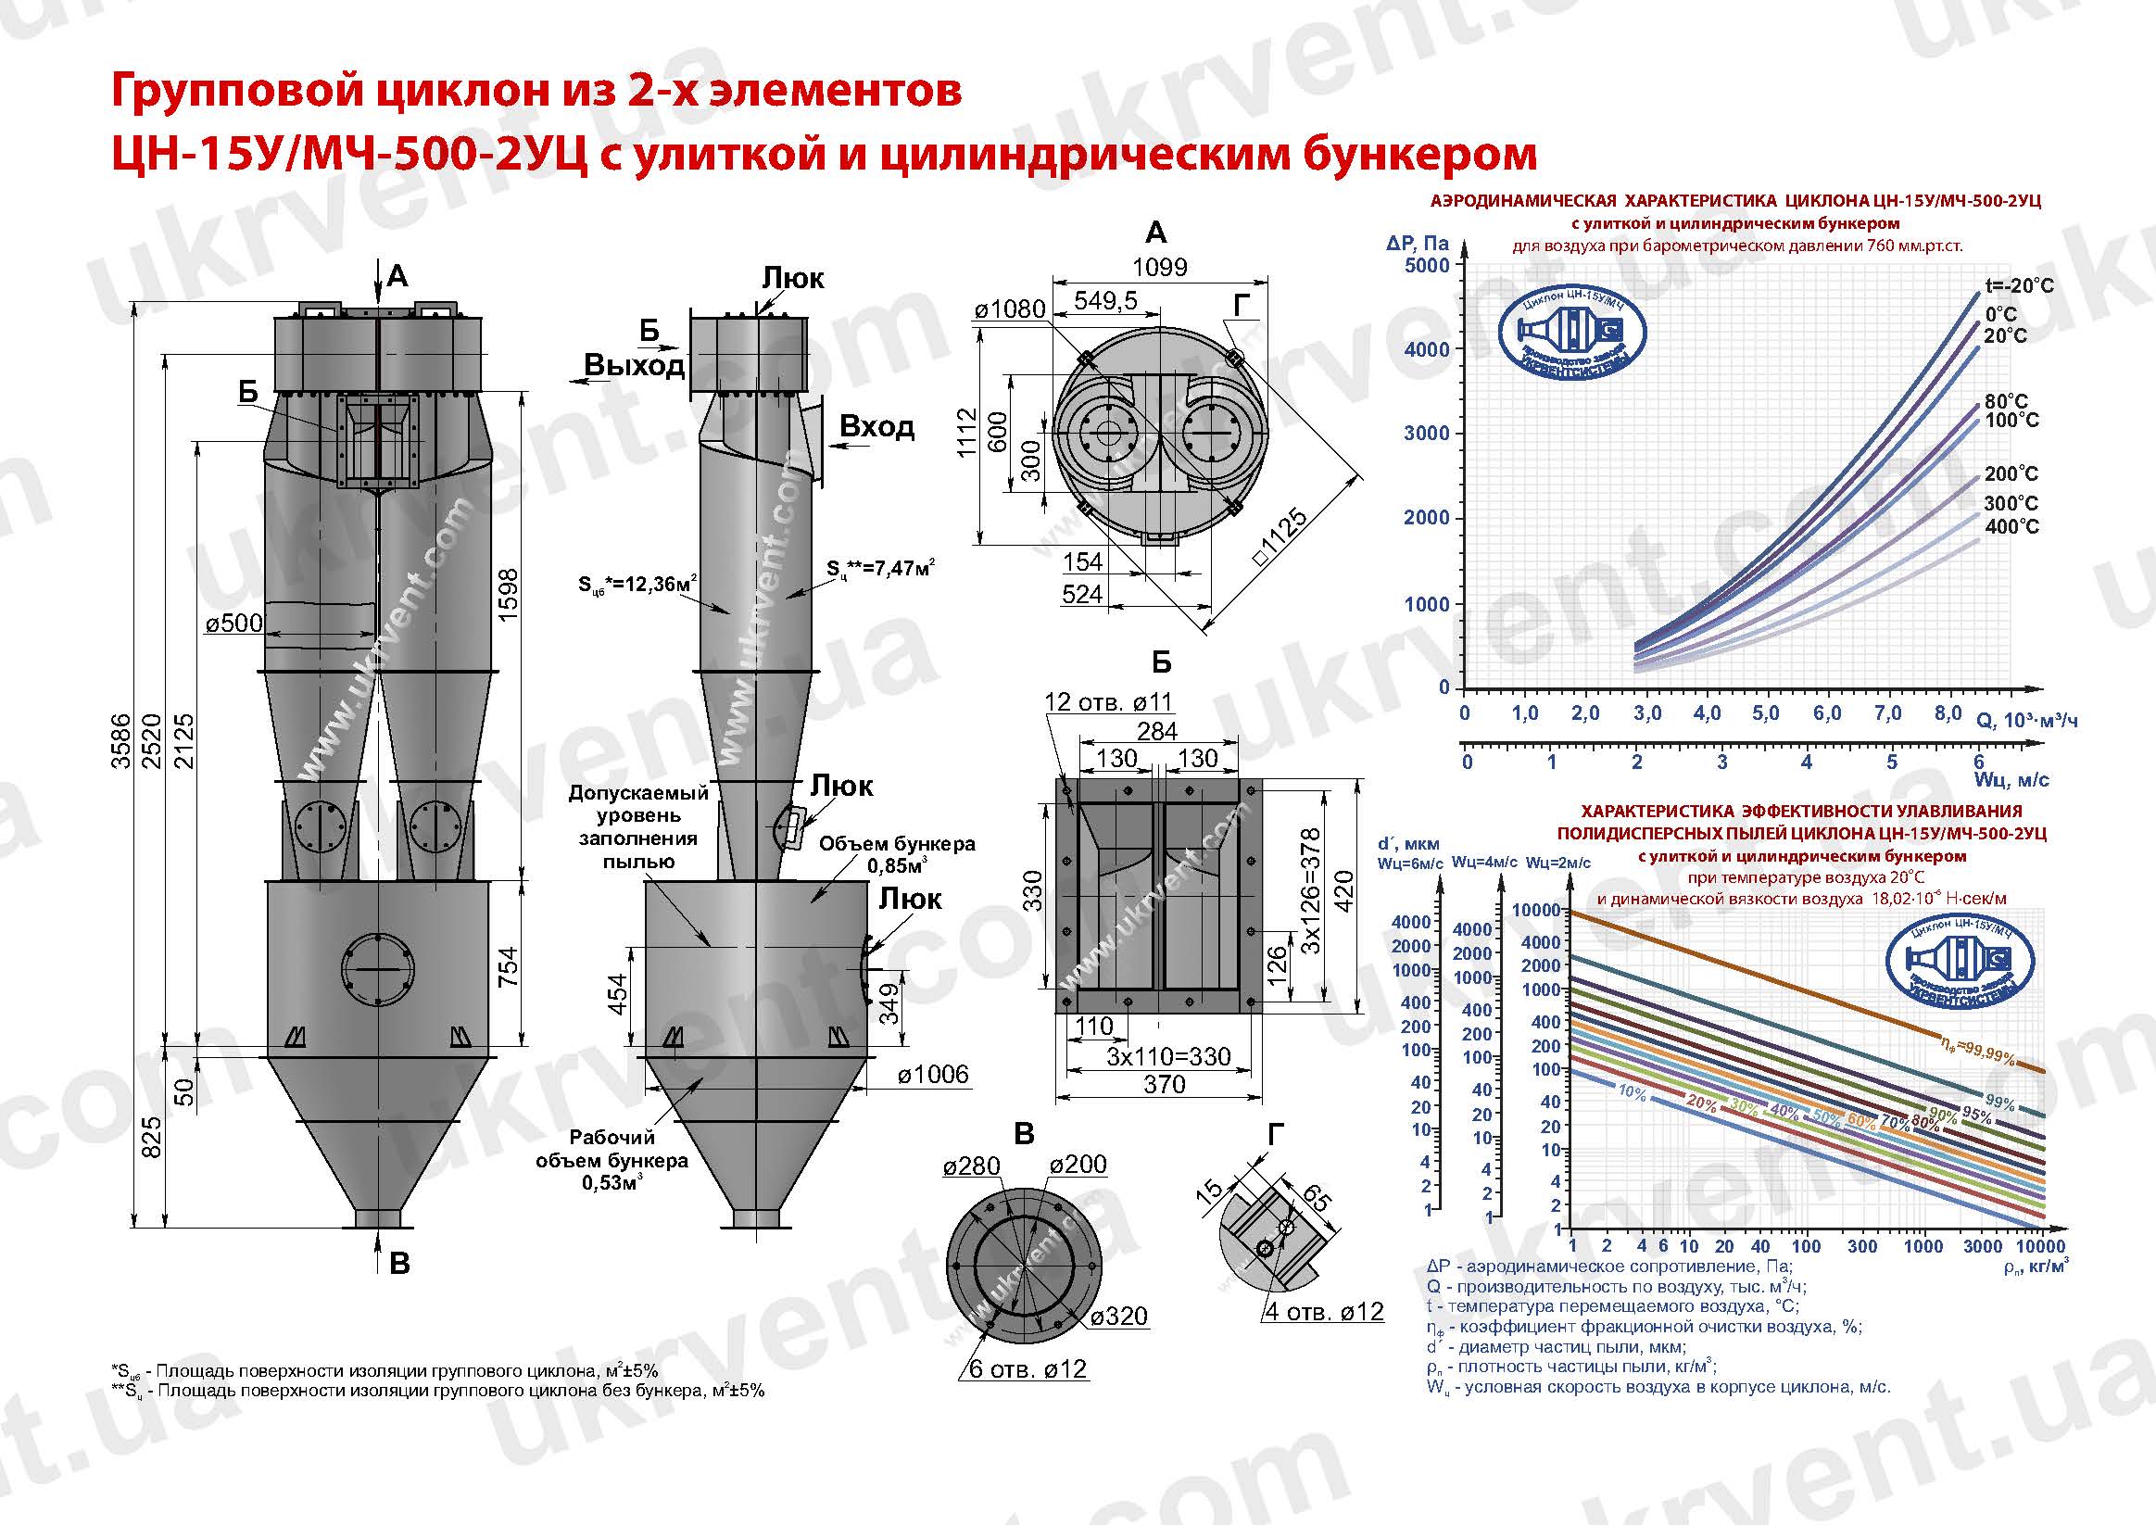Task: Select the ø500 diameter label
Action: coord(233,624)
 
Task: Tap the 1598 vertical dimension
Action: coord(508,595)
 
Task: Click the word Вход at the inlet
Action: coord(876,427)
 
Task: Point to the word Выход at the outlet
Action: coord(634,365)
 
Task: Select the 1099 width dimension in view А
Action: coord(1159,267)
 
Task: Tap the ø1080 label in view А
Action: coord(1010,309)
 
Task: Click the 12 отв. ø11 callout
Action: coord(1108,702)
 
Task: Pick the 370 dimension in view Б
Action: coord(1165,1085)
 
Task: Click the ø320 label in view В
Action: coord(1119,1317)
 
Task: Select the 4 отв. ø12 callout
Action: coord(1323,1312)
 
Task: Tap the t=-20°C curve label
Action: coord(2019,285)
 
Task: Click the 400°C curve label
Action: coord(2011,527)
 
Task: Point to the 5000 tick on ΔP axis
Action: coord(1427,266)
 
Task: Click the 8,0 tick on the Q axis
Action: coord(1948,712)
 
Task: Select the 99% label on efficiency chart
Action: coord(2000,1103)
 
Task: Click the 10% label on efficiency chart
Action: coord(1632,1092)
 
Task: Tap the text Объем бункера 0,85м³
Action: coord(896,853)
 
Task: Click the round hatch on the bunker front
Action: coord(377,969)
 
